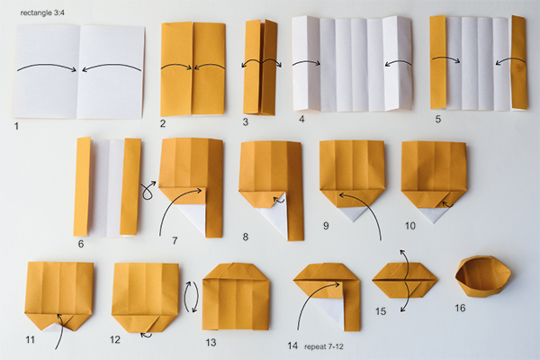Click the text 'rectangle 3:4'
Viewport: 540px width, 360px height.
click(42, 13)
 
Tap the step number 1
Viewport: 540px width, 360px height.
click(16, 126)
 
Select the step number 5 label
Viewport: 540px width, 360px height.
click(437, 119)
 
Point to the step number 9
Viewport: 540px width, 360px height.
click(326, 226)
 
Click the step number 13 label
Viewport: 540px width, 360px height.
click(211, 342)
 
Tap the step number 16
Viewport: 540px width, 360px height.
click(460, 308)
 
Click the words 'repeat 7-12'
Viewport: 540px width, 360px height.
click(324, 346)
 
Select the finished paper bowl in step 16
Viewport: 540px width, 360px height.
click(482, 275)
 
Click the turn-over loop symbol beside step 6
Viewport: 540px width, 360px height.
click(148, 191)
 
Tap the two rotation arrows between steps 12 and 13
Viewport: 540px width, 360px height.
click(192, 297)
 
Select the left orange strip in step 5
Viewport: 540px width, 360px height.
click(437, 62)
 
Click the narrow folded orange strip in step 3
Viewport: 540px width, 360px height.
click(260, 67)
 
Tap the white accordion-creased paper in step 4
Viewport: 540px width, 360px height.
click(352, 64)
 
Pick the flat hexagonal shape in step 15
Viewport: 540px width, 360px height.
click(405, 280)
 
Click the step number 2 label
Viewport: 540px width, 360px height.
click(163, 123)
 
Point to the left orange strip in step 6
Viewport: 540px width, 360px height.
click(82, 186)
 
